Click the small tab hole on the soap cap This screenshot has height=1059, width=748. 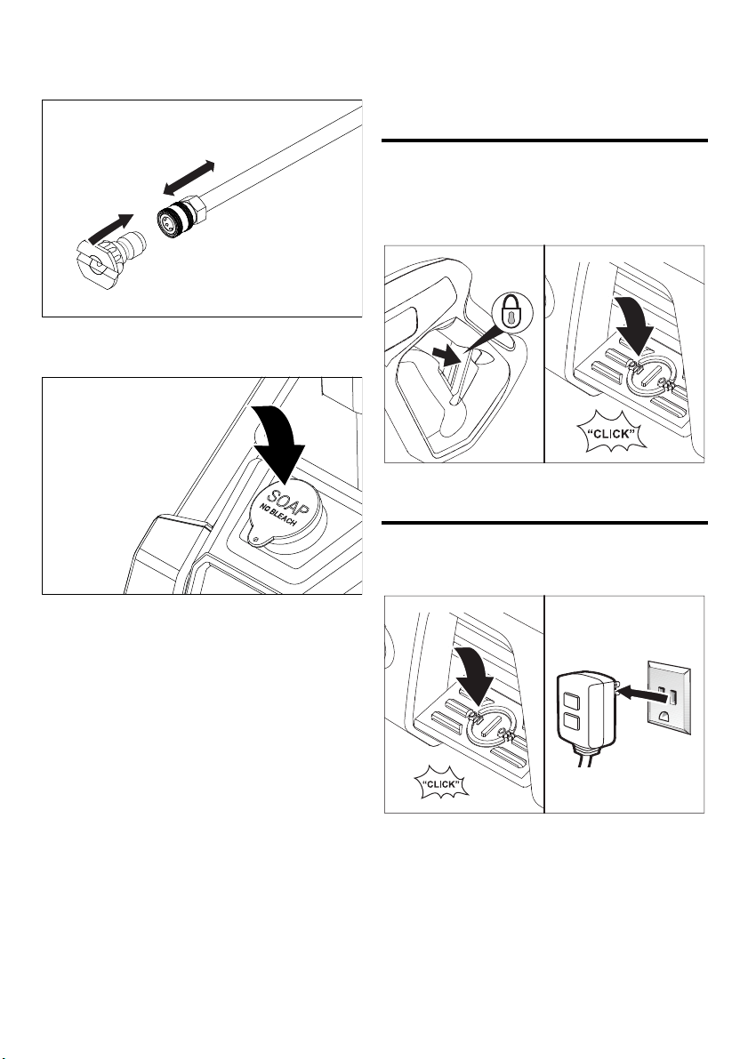254,538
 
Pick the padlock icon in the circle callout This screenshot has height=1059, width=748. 513,313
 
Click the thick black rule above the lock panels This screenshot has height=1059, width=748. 544,140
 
